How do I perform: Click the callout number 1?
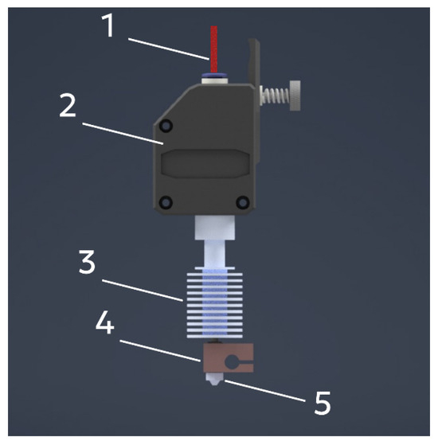pos(108,25)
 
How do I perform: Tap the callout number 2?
pos(68,105)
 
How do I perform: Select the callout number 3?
pos(87,262)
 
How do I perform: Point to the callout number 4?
pos(105,322)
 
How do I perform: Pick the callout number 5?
pos(323,403)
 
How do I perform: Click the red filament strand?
pos(214,49)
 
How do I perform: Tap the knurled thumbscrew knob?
pos(295,96)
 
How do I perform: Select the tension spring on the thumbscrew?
pos(276,96)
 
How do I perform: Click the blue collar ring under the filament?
pos(214,75)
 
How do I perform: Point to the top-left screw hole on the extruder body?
pos(166,126)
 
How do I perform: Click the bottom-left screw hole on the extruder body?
pos(166,202)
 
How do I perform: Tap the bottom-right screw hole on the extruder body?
pos(243,202)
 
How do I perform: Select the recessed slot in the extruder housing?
pos(205,164)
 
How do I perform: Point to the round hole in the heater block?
pos(232,362)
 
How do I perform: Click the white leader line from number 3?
pos(143,290)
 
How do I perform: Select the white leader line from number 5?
pos(265,391)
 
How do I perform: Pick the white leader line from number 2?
pos(123,134)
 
